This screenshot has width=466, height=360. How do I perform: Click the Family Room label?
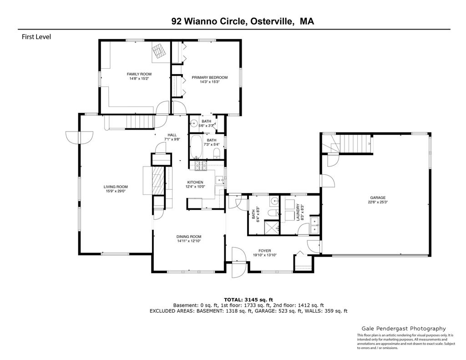(139, 74)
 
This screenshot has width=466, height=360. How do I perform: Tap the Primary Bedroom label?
(209, 77)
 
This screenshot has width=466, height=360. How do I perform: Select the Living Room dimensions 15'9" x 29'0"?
(116, 192)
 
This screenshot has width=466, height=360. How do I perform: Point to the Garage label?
(378, 198)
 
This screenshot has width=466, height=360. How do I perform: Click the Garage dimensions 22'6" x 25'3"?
(378, 202)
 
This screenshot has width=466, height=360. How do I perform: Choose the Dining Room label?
(189, 237)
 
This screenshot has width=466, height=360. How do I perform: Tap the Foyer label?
(264, 251)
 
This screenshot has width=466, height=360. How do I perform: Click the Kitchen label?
(195, 182)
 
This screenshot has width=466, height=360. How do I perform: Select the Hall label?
(172, 135)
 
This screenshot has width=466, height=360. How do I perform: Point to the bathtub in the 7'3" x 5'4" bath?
(196, 147)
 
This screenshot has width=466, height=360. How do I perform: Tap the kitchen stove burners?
(201, 166)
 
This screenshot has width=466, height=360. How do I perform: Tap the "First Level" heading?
(36, 37)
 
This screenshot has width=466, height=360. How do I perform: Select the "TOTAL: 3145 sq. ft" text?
(248, 299)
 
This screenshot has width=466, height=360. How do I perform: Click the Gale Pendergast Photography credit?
(404, 329)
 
